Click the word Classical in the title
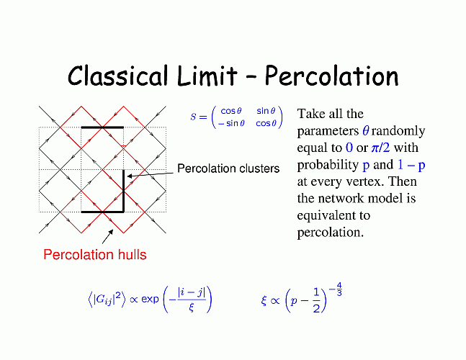tap(117, 76)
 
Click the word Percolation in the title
tap(331, 76)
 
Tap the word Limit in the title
tap(207, 76)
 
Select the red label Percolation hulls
tap(95, 255)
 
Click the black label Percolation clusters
tap(228, 168)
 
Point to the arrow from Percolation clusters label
tap(150, 175)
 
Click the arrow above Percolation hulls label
tap(107, 236)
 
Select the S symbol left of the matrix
tap(194, 117)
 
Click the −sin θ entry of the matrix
tap(231, 123)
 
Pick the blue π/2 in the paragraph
tap(380, 148)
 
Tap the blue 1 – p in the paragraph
tap(411, 165)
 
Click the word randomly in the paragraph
tap(398, 131)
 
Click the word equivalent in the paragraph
tap(333, 215)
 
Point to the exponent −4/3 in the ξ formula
tap(336, 289)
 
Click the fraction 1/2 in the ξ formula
tap(316, 300)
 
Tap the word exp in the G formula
tap(150, 299)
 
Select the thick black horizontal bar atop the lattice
tap(102, 127)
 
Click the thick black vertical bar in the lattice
tap(124, 190)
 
